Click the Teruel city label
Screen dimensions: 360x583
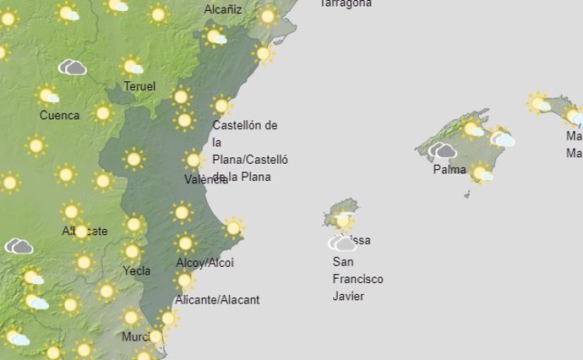[x=139, y=86]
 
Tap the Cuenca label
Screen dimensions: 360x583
[x=59, y=115]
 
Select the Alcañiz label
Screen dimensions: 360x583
[x=223, y=9]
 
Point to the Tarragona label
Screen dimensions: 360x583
[x=345, y=3]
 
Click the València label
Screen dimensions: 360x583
[x=204, y=179]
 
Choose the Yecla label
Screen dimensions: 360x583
[x=137, y=270]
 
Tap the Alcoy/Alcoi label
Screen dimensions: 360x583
[x=204, y=263]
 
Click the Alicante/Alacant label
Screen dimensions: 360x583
[x=217, y=299]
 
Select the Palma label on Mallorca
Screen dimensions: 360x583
[x=450, y=169]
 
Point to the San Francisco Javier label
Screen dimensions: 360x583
[x=357, y=279]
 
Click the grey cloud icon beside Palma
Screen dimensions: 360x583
[x=442, y=151]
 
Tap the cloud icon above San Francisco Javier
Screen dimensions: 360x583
[x=342, y=243]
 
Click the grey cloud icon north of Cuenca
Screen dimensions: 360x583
[x=73, y=67]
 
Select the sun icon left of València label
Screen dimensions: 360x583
[x=193, y=160]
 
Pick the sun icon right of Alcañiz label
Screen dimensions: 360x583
[x=268, y=15]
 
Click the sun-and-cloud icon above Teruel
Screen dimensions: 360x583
[x=131, y=66]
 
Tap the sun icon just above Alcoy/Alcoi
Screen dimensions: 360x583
[x=185, y=243]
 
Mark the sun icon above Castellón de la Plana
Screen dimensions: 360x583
[x=221, y=106]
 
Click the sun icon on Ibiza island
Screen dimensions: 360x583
[x=342, y=221]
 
